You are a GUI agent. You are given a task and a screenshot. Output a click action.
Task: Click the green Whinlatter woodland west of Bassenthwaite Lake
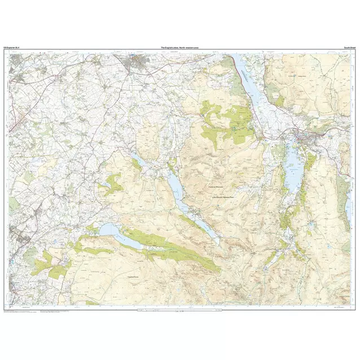(226, 118)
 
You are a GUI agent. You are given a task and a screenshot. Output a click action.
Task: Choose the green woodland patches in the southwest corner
(51, 265)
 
